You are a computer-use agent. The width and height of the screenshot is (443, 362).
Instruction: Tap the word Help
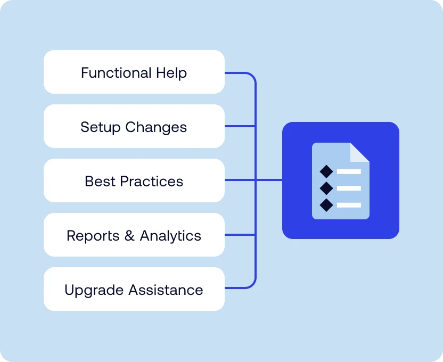(x=171, y=72)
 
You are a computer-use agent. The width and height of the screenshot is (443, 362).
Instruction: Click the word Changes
(x=156, y=128)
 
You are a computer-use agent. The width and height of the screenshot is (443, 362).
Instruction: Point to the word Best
(x=100, y=181)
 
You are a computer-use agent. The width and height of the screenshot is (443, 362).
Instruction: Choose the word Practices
(x=152, y=181)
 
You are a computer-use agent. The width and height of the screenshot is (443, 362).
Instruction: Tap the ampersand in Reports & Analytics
(x=129, y=236)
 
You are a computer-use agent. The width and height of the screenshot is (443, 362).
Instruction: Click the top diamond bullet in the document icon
(x=326, y=171)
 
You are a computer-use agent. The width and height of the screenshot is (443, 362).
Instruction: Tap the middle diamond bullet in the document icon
(x=326, y=188)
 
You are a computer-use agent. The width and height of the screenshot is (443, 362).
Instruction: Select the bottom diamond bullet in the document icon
(x=326, y=204)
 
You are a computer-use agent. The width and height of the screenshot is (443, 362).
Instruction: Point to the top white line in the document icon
(x=349, y=171)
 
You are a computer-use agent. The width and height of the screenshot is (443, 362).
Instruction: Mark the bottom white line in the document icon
(x=349, y=205)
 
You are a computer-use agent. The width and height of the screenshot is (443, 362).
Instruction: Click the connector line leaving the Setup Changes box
(x=240, y=126)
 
